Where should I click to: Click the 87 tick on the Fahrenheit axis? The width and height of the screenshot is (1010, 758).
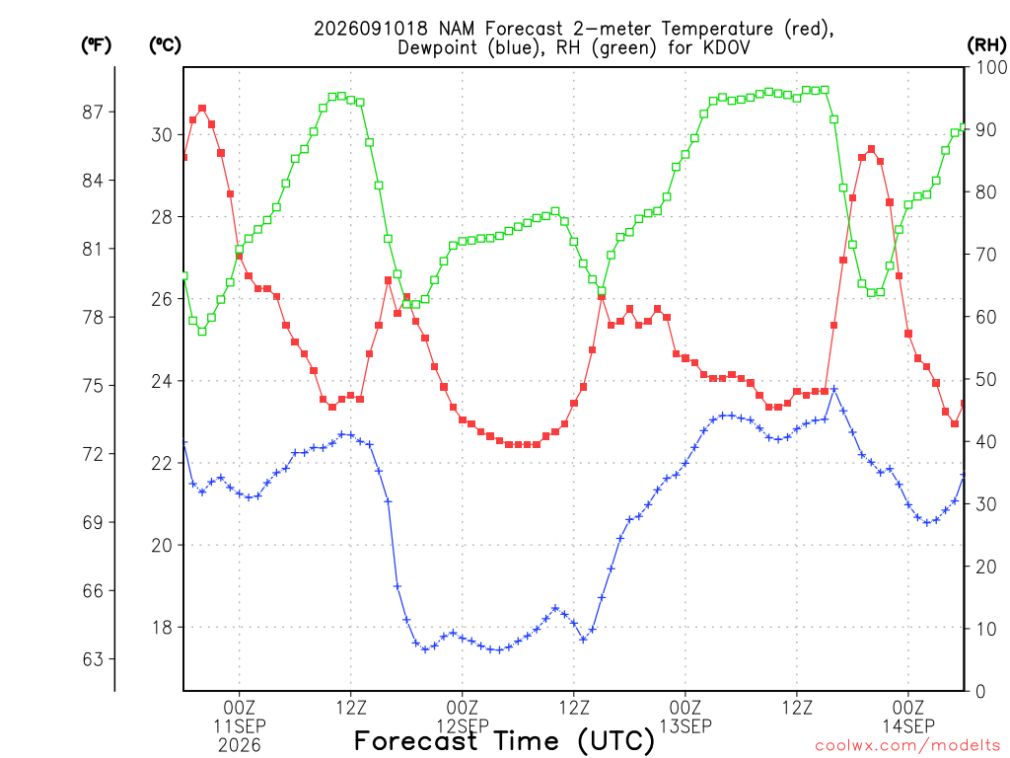pyautogui.click(x=93, y=113)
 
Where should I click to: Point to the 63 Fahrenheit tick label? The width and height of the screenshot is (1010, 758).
pyautogui.click(x=93, y=659)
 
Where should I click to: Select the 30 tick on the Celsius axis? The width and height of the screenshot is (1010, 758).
pyautogui.click(x=163, y=134)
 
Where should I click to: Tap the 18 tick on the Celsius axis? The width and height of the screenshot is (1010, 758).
pyautogui.click(x=163, y=627)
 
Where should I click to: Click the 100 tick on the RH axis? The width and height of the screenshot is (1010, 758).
pyautogui.click(x=991, y=67)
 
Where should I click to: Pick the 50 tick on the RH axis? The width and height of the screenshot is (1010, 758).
pyautogui.click(x=985, y=380)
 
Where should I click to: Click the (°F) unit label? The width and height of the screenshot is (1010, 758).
pyautogui.click(x=96, y=45)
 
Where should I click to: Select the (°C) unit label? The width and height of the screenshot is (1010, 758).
pyautogui.click(x=165, y=45)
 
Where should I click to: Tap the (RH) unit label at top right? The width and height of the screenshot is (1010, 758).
pyautogui.click(x=986, y=45)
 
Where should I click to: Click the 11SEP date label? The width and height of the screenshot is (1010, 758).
pyautogui.click(x=240, y=726)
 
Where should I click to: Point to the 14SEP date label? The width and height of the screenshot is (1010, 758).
pyautogui.click(x=908, y=726)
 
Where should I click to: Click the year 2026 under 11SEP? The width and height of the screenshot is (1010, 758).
pyautogui.click(x=240, y=746)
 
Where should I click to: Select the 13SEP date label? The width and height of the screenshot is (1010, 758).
pyautogui.click(x=685, y=726)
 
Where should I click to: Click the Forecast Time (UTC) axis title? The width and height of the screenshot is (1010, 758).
pyautogui.click(x=504, y=741)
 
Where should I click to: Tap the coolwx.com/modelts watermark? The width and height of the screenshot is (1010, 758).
pyautogui.click(x=907, y=746)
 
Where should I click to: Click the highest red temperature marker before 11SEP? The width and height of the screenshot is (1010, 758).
pyautogui.click(x=202, y=109)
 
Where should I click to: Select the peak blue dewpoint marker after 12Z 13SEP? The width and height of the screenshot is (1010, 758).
pyautogui.click(x=834, y=389)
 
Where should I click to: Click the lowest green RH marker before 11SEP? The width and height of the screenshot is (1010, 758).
pyautogui.click(x=202, y=332)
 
